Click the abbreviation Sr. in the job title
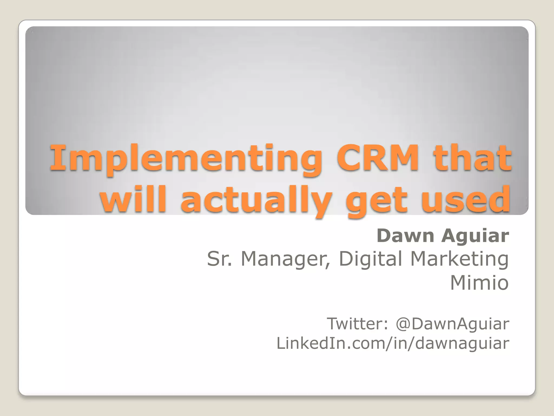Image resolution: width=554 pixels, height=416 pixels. point(219,259)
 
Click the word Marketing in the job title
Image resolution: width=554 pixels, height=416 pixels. point(459,259)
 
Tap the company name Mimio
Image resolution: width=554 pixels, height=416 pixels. point(479,283)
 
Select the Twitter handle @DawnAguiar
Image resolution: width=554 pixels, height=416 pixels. point(452,324)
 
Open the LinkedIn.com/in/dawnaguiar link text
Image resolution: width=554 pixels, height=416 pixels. point(393,343)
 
